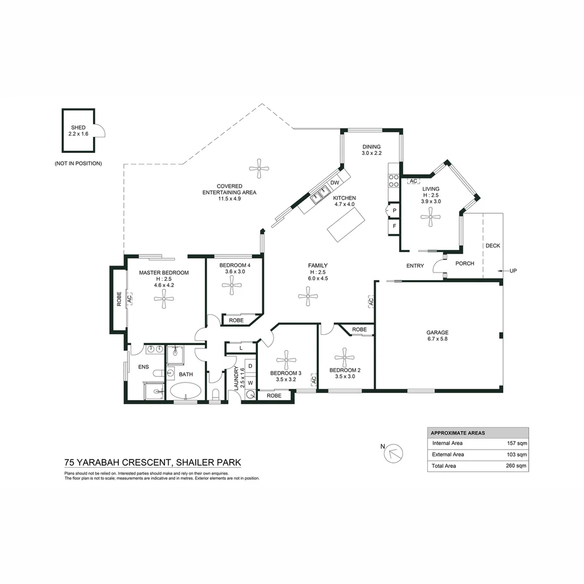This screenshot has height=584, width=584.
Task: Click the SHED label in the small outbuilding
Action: [x=78, y=128]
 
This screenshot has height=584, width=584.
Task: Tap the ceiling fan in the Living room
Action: [x=431, y=218]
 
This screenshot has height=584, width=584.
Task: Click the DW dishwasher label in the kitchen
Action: [x=335, y=183]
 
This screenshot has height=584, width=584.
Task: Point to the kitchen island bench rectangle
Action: [x=345, y=224]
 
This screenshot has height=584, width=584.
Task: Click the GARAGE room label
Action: [x=437, y=333]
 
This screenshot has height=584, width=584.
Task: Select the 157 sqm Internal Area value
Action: [x=517, y=443]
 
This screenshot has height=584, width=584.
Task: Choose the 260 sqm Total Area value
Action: [x=517, y=466]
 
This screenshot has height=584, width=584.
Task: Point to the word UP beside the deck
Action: [x=513, y=270]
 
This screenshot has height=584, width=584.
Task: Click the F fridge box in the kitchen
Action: [x=394, y=225]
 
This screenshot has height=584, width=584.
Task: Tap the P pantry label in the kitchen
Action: [x=394, y=210]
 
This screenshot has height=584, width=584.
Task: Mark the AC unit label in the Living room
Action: [x=413, y=181]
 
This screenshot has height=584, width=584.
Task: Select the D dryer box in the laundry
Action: [x=250, y=366]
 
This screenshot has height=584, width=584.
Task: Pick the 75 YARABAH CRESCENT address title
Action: [x=152, y=462]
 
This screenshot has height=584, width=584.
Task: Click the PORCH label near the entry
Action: [x=464, y=263]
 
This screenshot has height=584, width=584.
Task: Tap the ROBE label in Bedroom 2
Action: [x=359, y=329]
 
